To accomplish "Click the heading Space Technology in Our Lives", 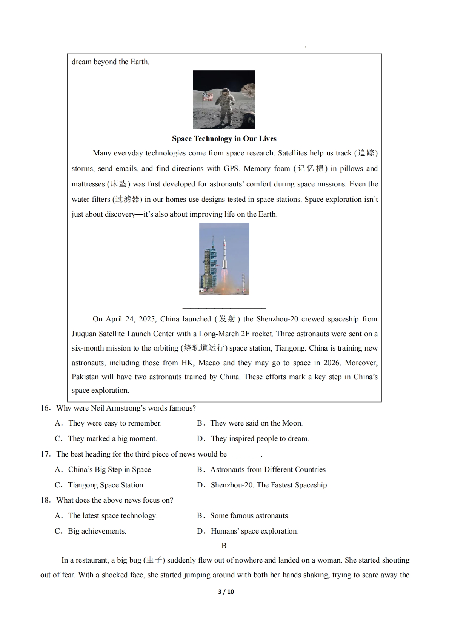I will pyautogui.click(x=224, y=139).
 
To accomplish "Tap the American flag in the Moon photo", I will pyautogui.click(x=208, y=97).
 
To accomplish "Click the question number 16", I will pyautogui.click(x=45, y=408).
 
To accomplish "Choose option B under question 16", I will pyautogui.click(x=249, y=423).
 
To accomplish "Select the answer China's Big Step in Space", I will pyautogui.click(x=109, y=470).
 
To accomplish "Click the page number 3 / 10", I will pyautogui.click(x=226, y=592).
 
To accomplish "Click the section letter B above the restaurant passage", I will pyautogui.click(x=224, y=546).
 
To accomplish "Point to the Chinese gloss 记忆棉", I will pyautogui.click(x=311, y=169).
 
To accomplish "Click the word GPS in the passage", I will pyautogui.click(x=231, y=169).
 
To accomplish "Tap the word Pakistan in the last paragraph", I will pyautogui.click(x=85, y=377).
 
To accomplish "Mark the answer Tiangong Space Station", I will pyautogui.click(x=105, y=485).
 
